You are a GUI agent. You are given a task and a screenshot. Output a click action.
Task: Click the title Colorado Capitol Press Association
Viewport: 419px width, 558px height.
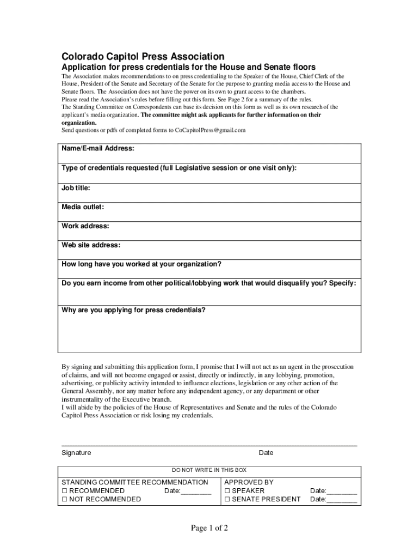coord(142,57)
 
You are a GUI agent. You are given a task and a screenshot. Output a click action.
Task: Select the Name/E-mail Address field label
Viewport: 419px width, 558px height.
coord(98,149)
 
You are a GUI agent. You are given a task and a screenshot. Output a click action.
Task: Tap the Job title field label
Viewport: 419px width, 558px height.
coord(76,188)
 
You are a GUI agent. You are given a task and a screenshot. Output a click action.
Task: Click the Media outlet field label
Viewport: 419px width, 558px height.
coord(83,207)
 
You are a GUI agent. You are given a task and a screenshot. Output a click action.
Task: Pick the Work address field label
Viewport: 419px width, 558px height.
coord(85,226)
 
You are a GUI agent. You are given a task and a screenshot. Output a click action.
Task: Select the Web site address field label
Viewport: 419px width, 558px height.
coord(91,245)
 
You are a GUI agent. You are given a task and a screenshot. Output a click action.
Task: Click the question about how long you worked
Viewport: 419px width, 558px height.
coord(141,264)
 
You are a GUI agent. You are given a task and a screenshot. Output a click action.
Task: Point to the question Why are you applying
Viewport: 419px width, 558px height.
coord(133,310)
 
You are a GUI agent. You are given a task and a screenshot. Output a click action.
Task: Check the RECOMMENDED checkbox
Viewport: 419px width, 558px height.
coord(64,491)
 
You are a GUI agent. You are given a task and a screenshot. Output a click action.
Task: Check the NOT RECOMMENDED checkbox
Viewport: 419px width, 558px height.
coord(64,499)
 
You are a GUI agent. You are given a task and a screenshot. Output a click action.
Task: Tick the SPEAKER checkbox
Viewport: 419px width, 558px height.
coord(227,491)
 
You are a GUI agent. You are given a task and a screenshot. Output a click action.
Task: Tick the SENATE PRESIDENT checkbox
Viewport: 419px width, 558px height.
coord(227,499)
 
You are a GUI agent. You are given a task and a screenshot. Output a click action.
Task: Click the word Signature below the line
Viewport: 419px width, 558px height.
coord(76,453)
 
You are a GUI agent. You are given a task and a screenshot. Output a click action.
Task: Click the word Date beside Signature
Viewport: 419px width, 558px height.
coord(266,453)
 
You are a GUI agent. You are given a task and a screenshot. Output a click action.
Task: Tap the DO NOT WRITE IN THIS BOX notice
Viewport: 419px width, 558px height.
coord(209,470)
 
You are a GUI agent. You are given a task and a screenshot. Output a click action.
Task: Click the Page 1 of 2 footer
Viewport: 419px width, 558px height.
coord(209,528)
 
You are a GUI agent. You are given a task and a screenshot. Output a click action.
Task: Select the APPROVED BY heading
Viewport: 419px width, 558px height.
coord(249,482)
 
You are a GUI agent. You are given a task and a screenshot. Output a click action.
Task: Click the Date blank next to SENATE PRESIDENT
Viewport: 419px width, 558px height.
coord(341,499)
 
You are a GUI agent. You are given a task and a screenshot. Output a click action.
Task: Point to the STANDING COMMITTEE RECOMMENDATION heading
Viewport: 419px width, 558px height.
coord(134,482)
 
